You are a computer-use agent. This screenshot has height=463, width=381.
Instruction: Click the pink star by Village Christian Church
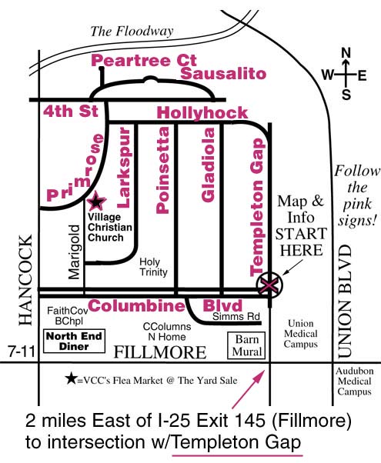pos(96,201)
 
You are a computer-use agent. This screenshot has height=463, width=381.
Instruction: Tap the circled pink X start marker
pos(269,285)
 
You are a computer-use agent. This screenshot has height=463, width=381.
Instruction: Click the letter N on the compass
pos(346,53)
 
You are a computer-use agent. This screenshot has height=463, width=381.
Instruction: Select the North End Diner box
pos(74,341)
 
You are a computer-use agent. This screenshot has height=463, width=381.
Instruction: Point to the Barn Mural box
pos(246,345)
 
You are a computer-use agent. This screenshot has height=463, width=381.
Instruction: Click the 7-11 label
pos(22,351)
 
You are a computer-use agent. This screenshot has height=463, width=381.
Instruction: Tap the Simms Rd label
pos(236,317)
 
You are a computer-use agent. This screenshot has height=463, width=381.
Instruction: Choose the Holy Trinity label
pos(153,267)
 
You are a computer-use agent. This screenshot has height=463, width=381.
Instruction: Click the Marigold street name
pos(74,252)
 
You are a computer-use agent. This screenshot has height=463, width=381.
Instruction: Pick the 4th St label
pos(71,112)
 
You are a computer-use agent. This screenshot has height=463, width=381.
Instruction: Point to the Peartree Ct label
pos(144,60)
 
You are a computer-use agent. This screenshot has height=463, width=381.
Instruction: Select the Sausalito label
pos(223,74)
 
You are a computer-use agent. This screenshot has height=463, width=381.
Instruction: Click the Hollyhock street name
pos(202,113)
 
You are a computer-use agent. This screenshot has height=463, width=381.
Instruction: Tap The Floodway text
pos(132,32)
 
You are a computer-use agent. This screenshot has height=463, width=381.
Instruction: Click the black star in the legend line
pos(72,379)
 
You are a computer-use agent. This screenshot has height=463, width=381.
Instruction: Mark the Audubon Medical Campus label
pos(354,381)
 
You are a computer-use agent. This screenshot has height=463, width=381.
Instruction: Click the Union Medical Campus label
pos(301,334)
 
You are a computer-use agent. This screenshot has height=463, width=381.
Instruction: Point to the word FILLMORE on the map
pos(160,352)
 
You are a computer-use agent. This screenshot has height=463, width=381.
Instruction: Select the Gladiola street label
pos(208,165)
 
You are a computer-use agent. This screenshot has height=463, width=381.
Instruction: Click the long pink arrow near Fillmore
pos(249,389)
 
